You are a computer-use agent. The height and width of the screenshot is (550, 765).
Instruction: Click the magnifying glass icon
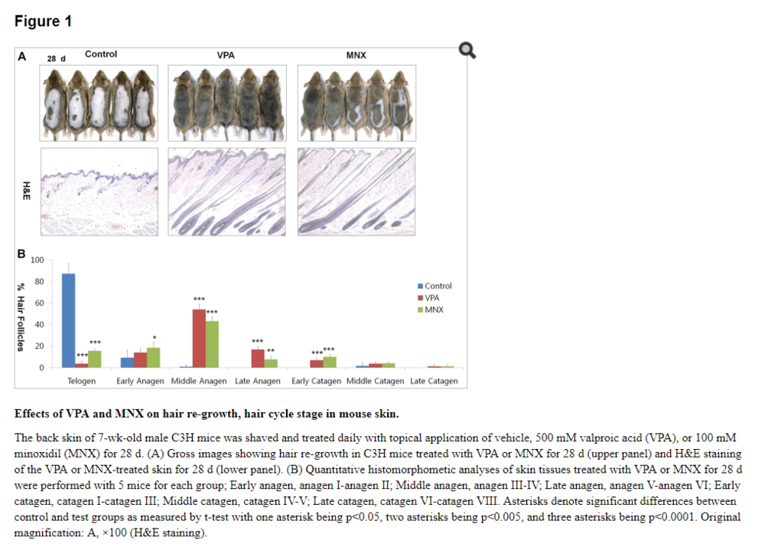click(x=467, y=51)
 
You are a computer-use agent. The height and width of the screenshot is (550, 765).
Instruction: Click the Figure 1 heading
click(x=43, y=21)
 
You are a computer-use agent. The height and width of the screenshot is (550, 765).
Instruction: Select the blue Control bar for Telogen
click(x=68, y=321)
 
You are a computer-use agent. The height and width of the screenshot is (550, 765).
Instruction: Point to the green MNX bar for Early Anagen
click(x=153, y=358)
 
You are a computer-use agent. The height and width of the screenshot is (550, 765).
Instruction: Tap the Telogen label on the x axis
click(x=82, y=381)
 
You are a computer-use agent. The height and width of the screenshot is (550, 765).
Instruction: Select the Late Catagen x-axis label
click(x=434, y=381)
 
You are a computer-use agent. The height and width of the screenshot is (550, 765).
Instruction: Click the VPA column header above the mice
click(x=226, y=55)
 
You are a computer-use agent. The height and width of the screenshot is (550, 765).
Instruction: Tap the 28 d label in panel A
click(x=57, y=58)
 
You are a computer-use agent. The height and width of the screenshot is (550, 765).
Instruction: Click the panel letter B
click(x=22, y=253)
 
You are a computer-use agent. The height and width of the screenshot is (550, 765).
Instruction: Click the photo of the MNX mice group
click(x=356, y=103)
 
